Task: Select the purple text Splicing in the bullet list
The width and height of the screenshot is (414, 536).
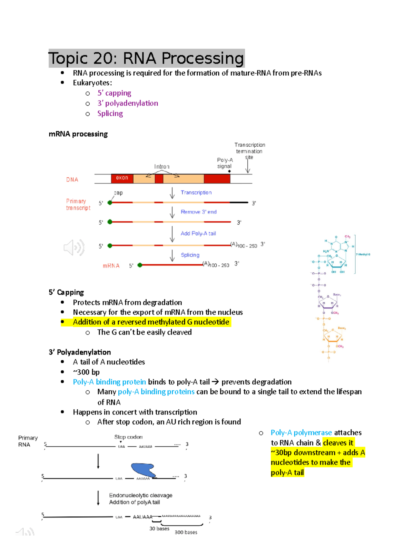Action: (x=110, y=114)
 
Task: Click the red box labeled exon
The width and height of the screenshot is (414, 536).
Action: (x=122, y=178)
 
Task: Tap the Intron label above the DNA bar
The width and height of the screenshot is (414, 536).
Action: (x=162, y=167)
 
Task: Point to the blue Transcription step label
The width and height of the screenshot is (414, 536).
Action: (x=196, y=193)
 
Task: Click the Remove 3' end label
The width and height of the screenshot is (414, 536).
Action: (x=198, y=212)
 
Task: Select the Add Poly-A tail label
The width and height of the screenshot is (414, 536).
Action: (x=198, y=234)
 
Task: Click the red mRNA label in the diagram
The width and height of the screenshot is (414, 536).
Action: (x=111, y=266)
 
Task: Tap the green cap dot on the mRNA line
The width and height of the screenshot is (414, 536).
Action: (x=140, y=265)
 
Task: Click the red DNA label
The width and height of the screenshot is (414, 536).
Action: (x=72, y=180)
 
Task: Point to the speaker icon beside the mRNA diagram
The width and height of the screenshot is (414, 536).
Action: (x=74, y=247)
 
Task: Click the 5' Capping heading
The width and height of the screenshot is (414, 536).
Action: (x=66, y=292)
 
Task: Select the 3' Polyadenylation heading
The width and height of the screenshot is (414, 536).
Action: (x=80, y=352)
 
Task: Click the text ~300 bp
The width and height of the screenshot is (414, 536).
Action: (x=86, y=372)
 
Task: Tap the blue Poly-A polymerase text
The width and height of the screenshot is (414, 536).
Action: (x=301, y=433)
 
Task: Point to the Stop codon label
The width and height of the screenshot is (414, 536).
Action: (x=128, y=437)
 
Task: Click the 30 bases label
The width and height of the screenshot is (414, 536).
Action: (x=159, y=528)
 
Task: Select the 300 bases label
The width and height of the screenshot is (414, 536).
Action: (x=186, y=532)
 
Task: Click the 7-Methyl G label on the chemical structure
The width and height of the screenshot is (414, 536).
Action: (x=363, y=254)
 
